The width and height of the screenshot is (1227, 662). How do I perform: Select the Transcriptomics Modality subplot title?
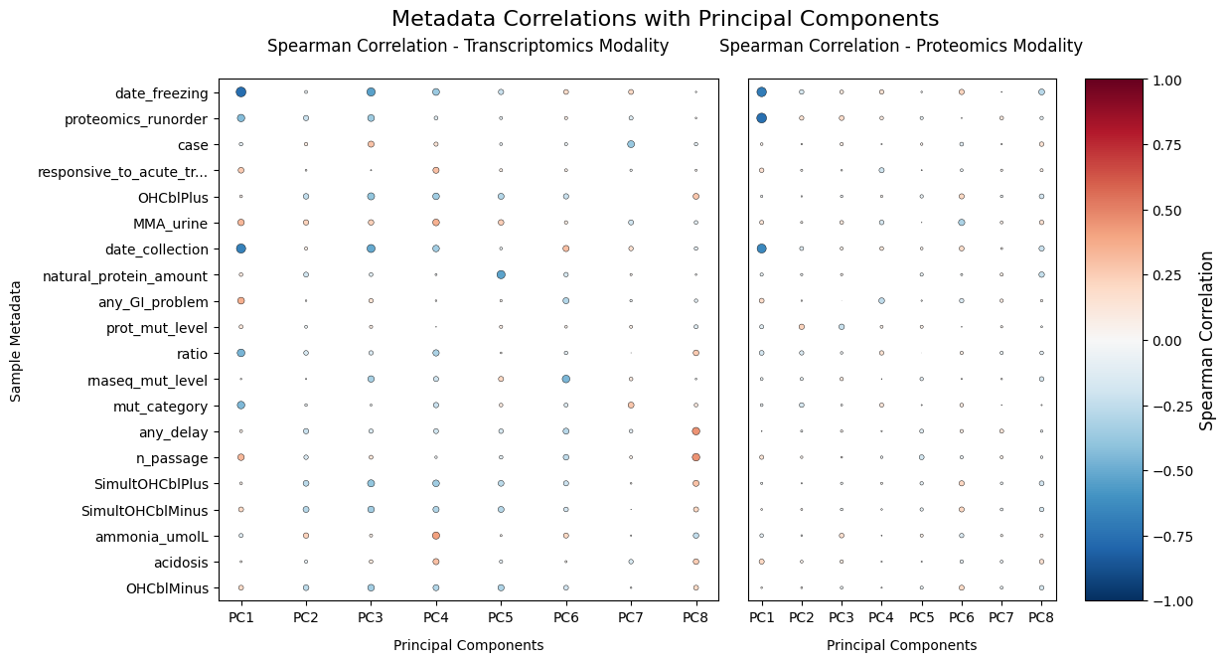[468, 46]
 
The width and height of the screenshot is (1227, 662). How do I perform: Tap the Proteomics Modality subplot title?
[900, 46]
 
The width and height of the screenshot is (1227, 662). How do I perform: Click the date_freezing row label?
[161, 93]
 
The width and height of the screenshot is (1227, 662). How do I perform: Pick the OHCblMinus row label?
[167, 587]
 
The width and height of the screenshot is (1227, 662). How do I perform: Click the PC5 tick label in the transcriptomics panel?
[501, 618]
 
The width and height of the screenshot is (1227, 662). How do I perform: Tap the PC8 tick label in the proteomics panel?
[1041, 618]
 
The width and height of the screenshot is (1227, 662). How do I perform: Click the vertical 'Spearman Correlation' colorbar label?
[1207, 340]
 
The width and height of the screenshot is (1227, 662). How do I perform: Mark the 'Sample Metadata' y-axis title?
[16, 340]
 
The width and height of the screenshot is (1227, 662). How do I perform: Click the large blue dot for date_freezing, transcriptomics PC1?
[240, 92]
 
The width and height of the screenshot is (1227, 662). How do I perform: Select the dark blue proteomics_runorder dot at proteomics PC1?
[761, 118]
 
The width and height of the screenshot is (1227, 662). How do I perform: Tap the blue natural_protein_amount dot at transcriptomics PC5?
[501, 274]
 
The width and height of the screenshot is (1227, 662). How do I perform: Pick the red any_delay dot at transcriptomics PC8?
[695, 430]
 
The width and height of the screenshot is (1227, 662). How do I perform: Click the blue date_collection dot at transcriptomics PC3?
[371, 248]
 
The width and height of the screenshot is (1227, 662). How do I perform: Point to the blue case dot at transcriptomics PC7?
[631, 144]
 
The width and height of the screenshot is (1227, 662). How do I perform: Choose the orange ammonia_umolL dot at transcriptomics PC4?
[435, 535]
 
